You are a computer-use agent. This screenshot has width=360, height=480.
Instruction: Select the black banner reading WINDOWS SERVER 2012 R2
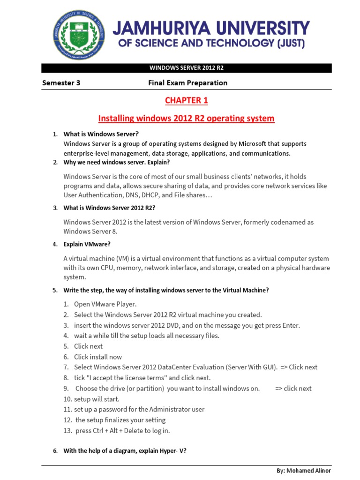(x=187, y=68)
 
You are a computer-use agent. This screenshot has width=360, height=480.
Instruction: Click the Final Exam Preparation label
(x=187, y=83)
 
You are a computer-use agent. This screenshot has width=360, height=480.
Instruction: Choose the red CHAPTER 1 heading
(x=186, y=100)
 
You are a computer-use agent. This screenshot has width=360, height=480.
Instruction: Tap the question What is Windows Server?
(x=101, y=134)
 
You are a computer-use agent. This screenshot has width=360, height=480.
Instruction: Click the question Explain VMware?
(x=87, y=244)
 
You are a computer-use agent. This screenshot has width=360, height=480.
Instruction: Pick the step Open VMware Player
(x=105, y=304)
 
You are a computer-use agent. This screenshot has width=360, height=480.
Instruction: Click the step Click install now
(x=98, y=357)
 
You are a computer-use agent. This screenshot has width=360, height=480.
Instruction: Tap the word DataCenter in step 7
(x=169, y=367)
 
